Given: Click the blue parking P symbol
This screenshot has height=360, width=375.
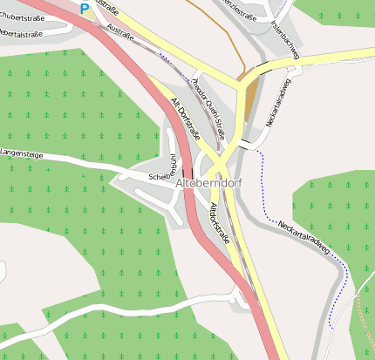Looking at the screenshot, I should [x=85, y=9].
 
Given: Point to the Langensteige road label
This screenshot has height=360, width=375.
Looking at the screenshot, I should [x=22, y=153].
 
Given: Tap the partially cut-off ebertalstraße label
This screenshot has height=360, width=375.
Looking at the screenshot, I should [x=21, y=33].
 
